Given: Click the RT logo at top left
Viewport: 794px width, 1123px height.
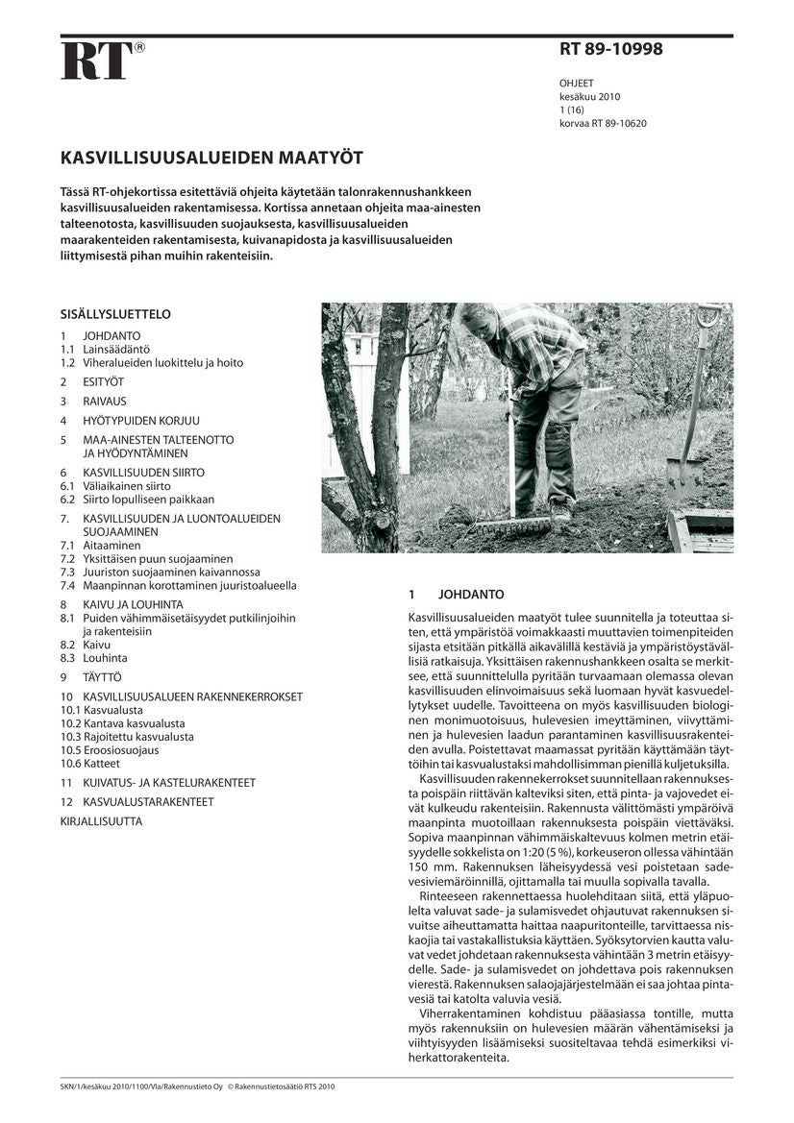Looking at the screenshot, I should [x=97, y=61].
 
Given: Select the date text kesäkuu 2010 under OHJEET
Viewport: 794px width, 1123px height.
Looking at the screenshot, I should [x=589, y=97].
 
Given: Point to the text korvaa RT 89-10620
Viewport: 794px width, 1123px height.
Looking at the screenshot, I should [x=603, y=123].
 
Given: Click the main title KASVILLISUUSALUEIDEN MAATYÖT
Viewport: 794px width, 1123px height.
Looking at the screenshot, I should [x=211, y=157].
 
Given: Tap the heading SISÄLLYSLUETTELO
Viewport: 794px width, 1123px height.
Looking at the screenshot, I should [x=115, y=314].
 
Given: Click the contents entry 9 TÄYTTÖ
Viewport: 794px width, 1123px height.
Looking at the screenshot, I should [x=91, y=677].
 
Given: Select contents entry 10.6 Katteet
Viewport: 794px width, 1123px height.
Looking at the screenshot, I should [x=90, y=763].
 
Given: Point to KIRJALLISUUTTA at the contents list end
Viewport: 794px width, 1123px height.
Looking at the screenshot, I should [x=101, y=821].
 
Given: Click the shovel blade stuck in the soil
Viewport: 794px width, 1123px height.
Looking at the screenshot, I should [x=683, y=477].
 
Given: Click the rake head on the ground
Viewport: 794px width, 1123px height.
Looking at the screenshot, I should [x=512, y=526].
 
